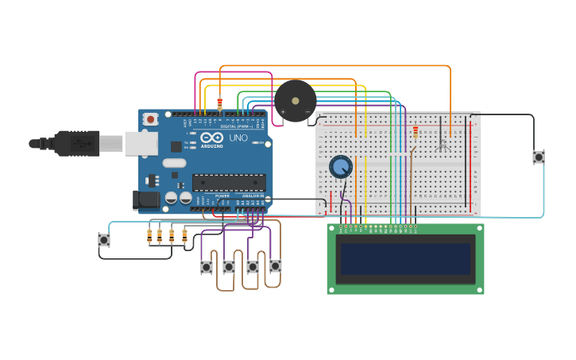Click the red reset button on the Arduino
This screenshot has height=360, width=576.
151,119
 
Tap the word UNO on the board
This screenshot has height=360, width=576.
238,139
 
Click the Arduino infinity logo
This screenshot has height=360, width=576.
211,138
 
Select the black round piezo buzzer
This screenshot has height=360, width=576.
296,101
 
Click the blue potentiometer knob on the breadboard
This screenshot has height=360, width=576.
341,167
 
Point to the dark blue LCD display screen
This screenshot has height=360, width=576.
405,259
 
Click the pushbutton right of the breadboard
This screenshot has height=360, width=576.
539,157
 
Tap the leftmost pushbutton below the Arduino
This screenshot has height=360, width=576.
104,239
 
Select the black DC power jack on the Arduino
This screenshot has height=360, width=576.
147,199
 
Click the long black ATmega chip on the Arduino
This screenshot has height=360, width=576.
229,182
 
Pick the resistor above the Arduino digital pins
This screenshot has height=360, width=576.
219,103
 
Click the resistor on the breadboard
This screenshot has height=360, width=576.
415,132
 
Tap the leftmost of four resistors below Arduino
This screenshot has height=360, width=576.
149,235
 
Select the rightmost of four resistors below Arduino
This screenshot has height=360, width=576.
184,235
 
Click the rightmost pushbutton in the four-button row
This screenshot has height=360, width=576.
275,266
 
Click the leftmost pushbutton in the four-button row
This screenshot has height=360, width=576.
207,267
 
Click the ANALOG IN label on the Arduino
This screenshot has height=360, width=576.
253,195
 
